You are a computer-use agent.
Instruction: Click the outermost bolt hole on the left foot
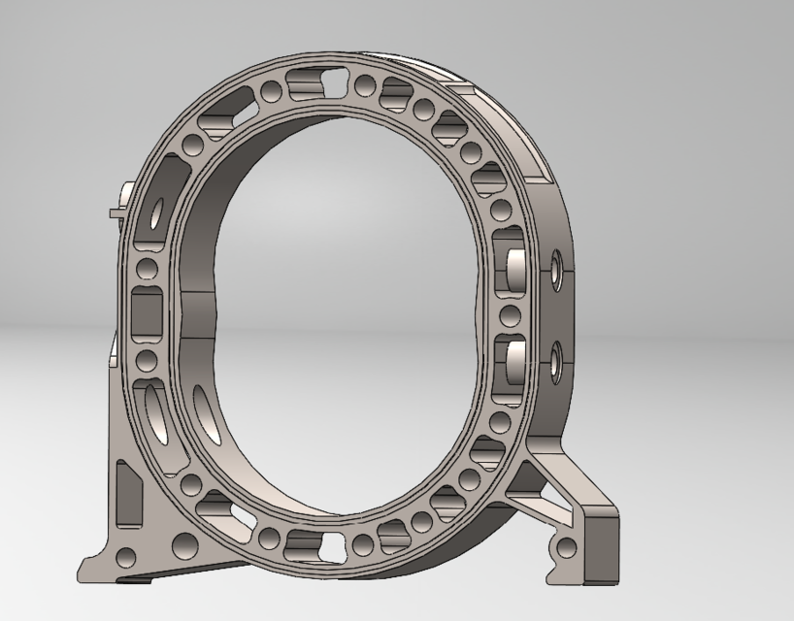click(127, 557)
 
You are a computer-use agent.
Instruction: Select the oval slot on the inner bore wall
click(205, 408)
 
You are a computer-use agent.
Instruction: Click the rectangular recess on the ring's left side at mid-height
click(149, 313)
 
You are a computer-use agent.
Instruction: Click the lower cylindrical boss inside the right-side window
click(513, 366)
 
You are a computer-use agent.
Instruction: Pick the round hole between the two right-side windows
click(505, 317)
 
